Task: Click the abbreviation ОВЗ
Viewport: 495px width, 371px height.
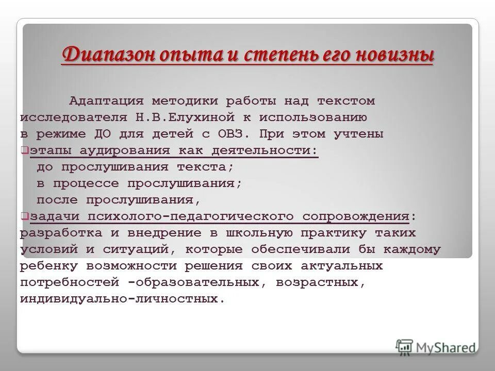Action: click(232, 134)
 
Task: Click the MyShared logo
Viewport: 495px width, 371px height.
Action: click(436, 347)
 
